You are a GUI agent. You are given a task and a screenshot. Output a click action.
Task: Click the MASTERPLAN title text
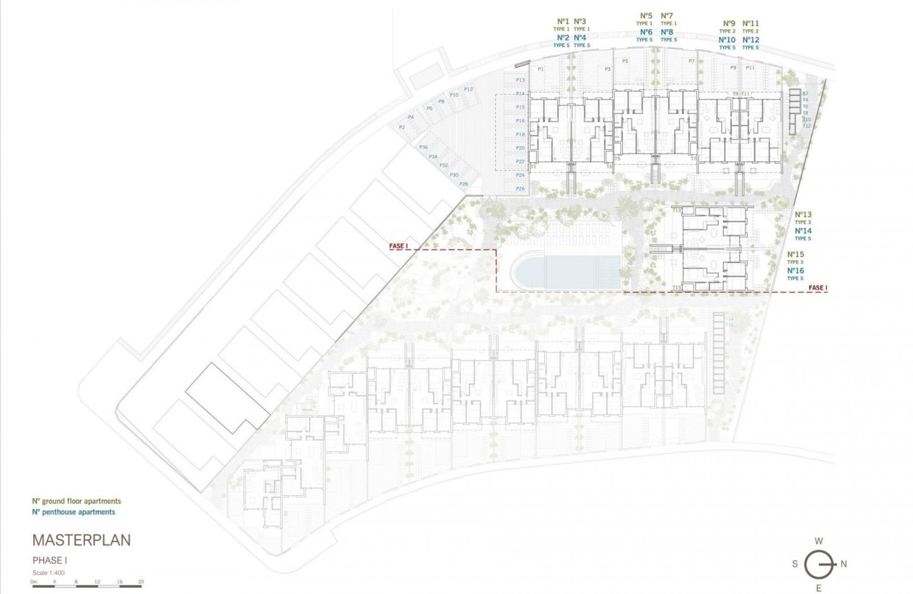tap(81, 540)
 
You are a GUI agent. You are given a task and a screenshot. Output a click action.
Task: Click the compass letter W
tap(818, 541)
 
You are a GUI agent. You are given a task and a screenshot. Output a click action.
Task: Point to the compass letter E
tap(819, 588)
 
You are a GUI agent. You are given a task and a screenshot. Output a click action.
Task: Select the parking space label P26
tap(520, 189)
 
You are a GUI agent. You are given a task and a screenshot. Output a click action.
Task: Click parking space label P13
tap(520, 80)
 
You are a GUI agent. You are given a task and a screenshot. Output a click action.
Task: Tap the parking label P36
tap(423, 147)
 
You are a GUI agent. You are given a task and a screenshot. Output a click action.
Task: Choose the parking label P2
tap(401, 127)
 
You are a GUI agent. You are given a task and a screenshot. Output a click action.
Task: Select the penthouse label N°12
tap(750, 40)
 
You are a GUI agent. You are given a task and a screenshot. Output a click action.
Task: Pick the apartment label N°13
tap(803, 214)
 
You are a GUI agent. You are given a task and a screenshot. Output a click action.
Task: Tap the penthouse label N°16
tap(795, 270)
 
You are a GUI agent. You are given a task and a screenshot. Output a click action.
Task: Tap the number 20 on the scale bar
tap(140, 582)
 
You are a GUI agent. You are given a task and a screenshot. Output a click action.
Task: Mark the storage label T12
tap(806, 126)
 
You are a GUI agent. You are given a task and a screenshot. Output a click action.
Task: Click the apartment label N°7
tap(667, 15)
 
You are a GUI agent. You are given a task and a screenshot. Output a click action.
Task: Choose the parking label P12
tap(468, 89)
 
